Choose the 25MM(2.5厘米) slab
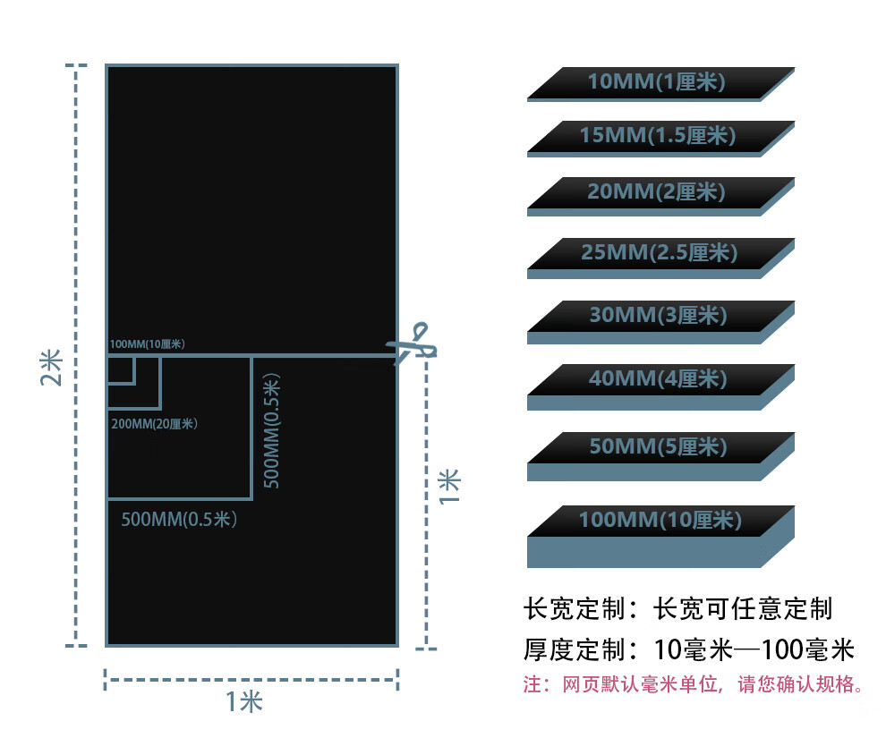659,252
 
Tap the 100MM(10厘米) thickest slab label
660,520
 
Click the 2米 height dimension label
51,366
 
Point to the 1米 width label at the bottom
243,702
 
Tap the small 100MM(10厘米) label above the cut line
148,344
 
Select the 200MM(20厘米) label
154,423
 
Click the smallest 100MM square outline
120,369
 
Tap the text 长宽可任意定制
744,609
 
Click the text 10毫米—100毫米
754,649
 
